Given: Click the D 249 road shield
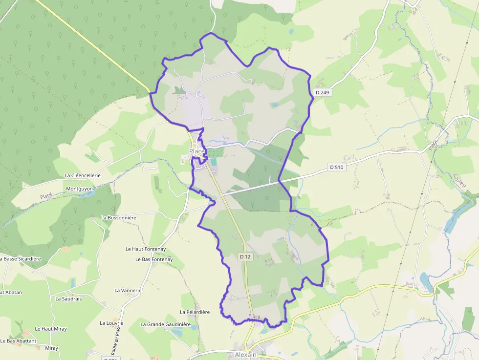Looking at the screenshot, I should pyautogui.click(x=323, y=92).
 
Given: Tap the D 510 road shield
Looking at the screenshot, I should pyautogui.click(x=337, y=167).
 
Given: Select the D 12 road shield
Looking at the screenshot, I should pyautogui.click(x=245, y=256).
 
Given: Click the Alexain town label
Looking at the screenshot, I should pyautogui.click(x=245, y=354).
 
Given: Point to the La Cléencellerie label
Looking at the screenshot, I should pyautogui.click(x=83, y=175).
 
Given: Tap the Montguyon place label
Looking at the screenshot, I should pyautogui.click(x=79, y=188).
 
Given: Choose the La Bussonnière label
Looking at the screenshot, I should pyautogui.click(x=118, y=217).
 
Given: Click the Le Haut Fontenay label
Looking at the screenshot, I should pyautogui.click(x=146, y=249).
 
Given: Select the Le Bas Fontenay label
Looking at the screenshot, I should pyautogui.click(x=154, y=259).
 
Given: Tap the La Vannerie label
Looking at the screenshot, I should pyautogui.click(x=128, y=290).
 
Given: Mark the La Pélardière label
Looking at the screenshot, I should pyautogui.click(x=195, y=312).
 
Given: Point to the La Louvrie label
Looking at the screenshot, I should pyautogui.click(x=111, y=323).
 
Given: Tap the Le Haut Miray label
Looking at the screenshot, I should pyautogui.click(x=51, y=329).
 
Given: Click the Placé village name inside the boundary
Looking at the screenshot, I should pyautogui.click(x=197, y=151).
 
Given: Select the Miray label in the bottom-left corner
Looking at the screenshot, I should pyautogui.click(x=51, y=348).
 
